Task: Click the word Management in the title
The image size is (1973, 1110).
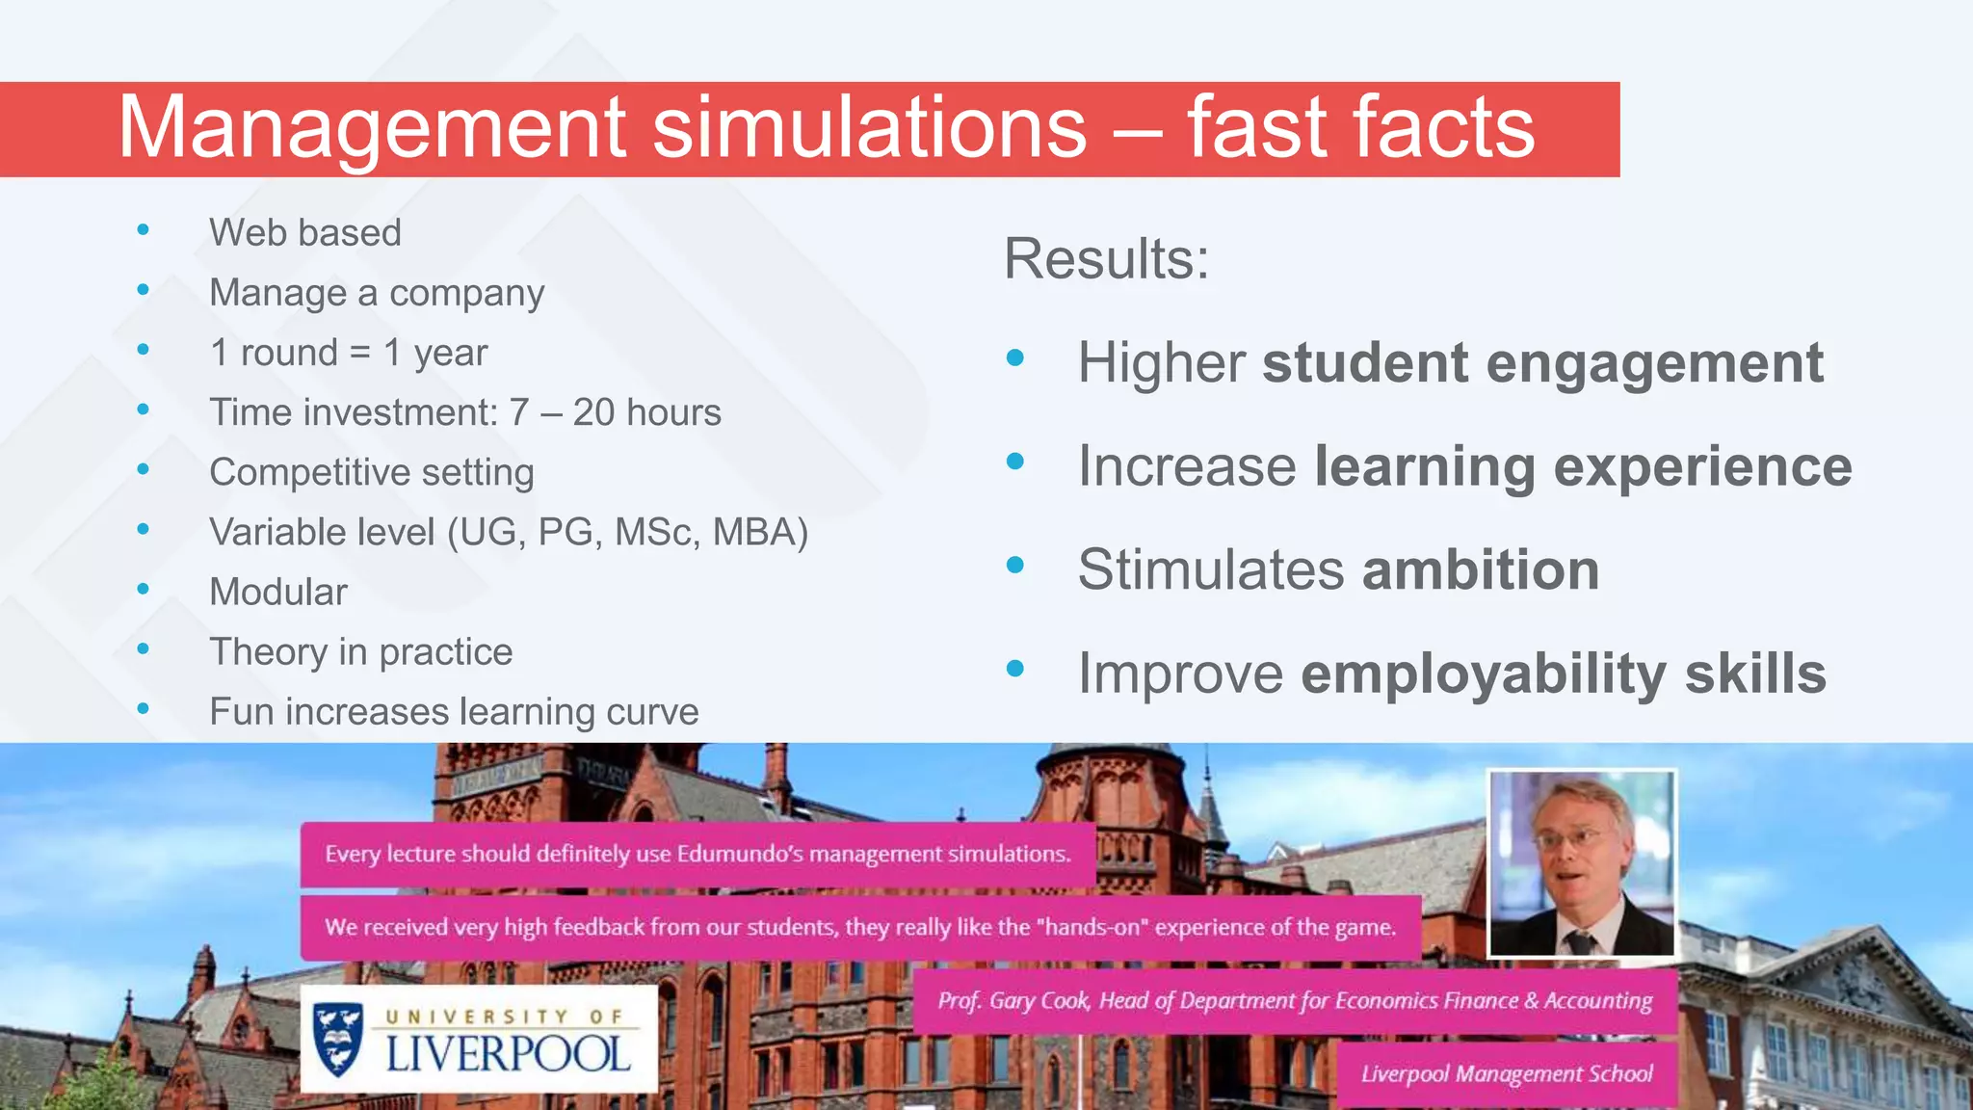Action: coord(372,128)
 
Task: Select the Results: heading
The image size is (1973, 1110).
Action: coord(1106,259)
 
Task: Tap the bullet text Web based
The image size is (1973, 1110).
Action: coord(305,233)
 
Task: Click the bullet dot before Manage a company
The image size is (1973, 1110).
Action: coord(144,289)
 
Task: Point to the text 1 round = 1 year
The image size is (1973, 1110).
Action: coord(349,353)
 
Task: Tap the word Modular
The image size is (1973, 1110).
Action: coord(278,592)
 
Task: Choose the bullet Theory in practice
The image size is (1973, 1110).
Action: coord(361,652)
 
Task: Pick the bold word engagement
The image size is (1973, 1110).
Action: coord(1654,364)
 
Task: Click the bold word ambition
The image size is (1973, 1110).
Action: coord(1481,569)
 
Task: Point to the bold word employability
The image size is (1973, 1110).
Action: coord(1484,674)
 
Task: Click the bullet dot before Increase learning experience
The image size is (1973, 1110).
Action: coord(1014,462)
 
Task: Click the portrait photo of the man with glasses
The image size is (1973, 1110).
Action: coord(1581,863)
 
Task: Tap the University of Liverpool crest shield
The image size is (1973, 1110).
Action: coord(338,1039)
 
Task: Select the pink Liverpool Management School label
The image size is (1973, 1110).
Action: coord(1506,1073)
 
